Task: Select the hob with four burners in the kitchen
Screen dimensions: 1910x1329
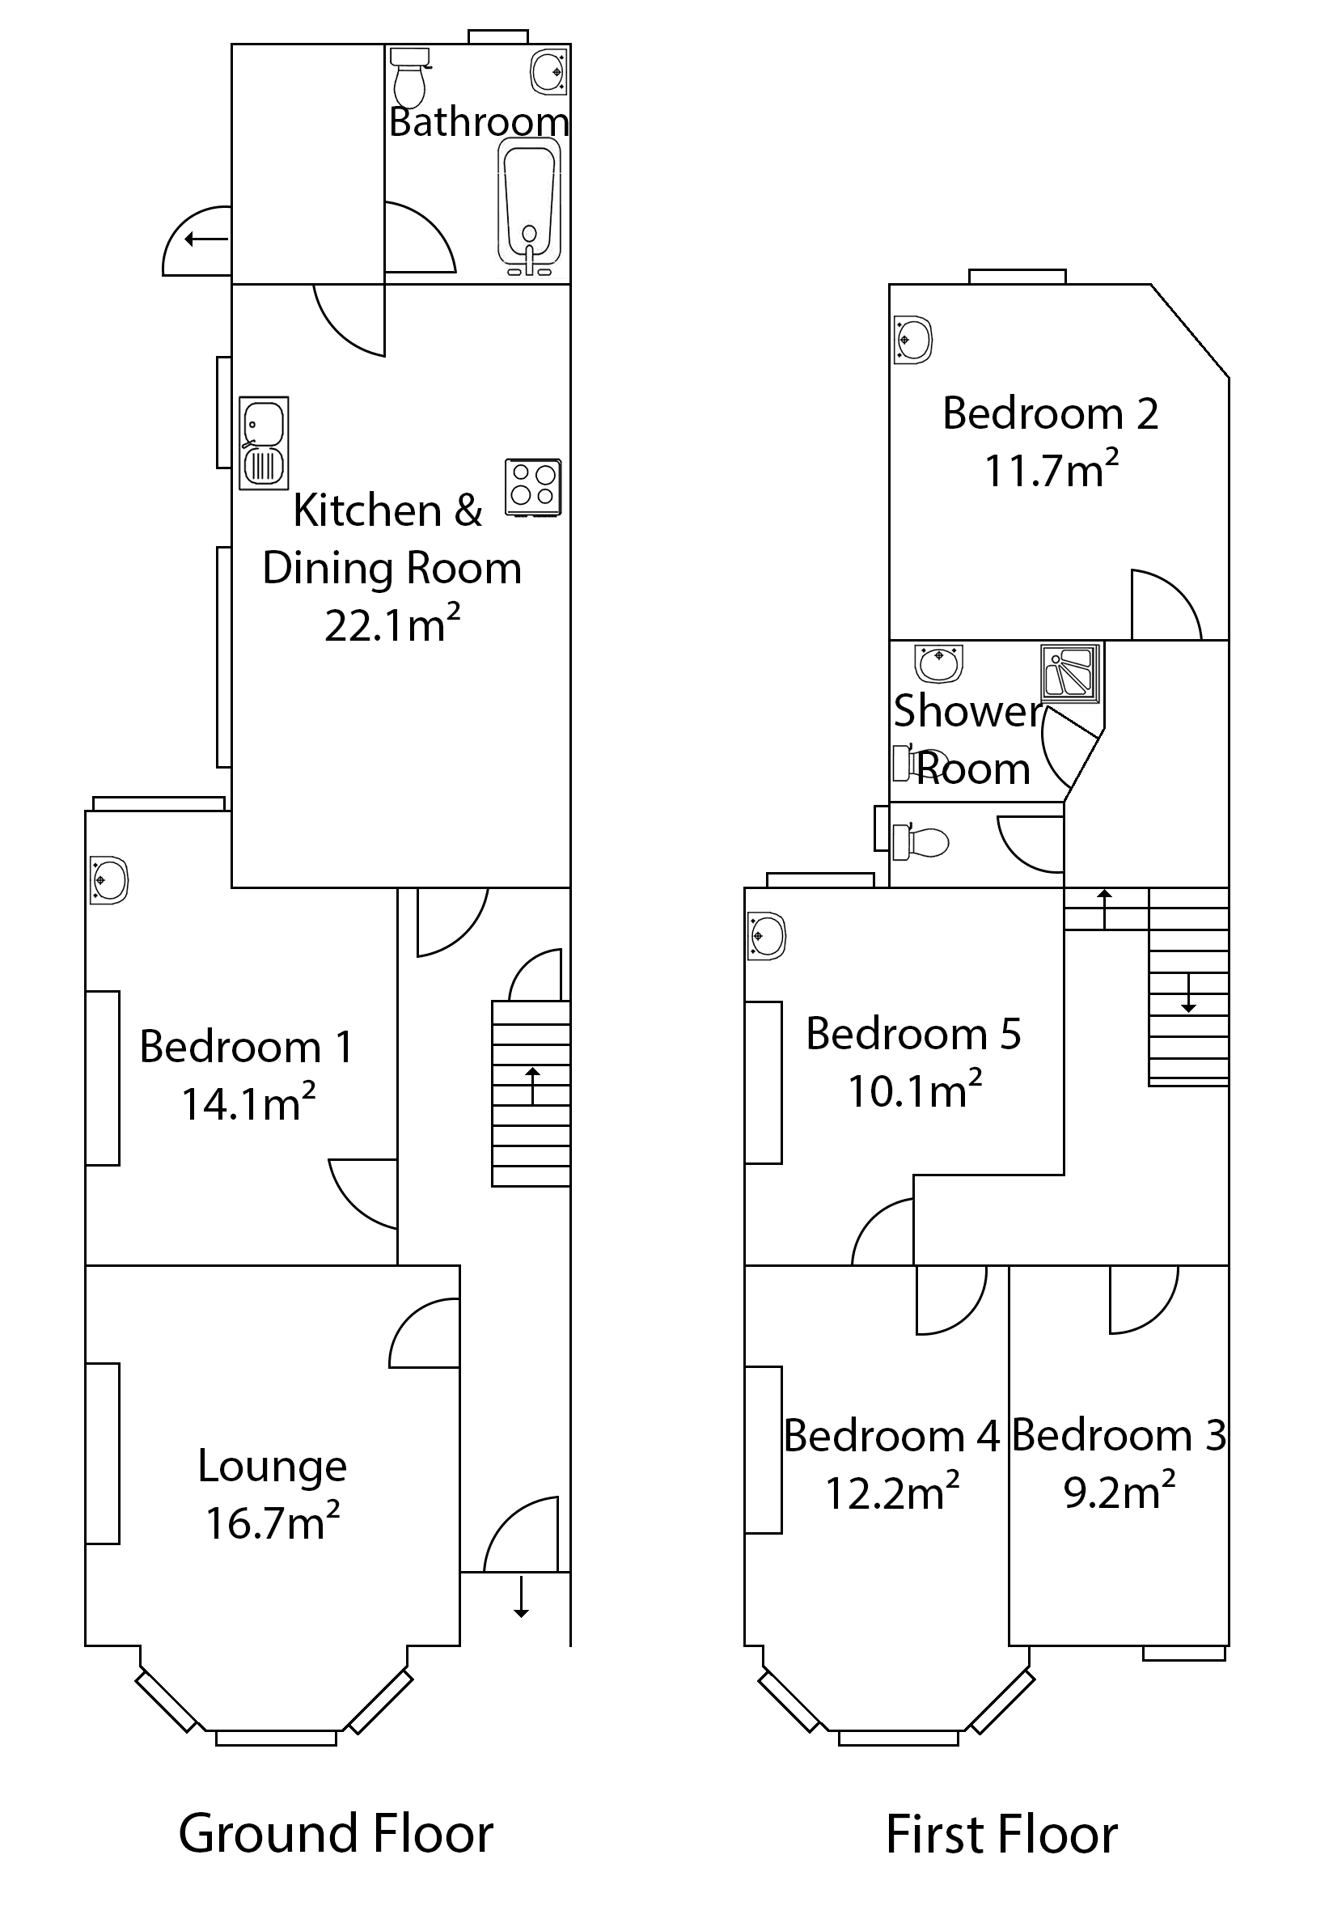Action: (533, 486)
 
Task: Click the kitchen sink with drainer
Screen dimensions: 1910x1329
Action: (264, 442)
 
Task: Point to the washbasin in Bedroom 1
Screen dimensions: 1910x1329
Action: (109, 879)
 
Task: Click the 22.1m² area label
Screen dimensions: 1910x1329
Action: (392, 625)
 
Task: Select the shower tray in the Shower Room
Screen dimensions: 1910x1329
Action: (1071, 671)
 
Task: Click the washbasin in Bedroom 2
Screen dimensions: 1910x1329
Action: (912, 340)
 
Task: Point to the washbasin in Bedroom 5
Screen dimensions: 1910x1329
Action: (766, 937)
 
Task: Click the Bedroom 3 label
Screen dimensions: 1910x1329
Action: (1119, 1436)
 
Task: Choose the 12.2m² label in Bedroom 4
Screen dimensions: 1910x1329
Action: (891, 1493)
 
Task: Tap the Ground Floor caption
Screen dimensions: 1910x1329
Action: (336, 1833)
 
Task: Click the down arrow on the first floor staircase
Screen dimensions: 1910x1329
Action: (1188, 993)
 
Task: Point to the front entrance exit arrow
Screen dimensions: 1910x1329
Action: (521, 1595)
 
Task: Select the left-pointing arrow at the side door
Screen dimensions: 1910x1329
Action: (205, 240)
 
